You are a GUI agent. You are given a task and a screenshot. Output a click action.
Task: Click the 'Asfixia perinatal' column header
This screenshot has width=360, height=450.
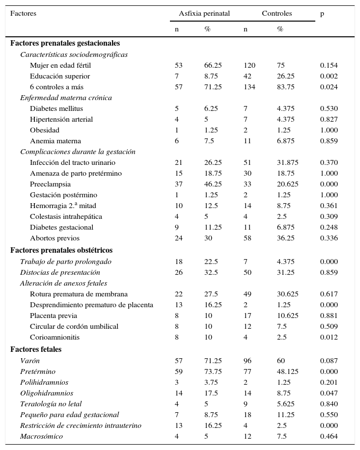204,14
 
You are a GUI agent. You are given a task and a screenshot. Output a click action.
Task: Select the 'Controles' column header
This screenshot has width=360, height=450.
277,14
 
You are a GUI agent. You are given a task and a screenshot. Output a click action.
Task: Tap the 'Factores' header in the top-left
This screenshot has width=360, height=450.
23,14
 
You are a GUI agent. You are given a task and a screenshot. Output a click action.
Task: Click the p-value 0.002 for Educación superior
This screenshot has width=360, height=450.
329,76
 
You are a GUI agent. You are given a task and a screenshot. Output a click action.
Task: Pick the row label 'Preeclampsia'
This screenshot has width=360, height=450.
50,184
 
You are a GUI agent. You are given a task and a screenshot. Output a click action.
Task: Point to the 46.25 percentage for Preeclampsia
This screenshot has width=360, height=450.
213,184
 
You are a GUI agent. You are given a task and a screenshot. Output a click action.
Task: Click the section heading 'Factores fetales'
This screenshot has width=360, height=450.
36,349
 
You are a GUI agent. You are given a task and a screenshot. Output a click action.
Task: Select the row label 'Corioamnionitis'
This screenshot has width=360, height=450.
55,337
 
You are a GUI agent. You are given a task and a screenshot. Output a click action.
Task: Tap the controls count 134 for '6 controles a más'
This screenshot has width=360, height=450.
249,87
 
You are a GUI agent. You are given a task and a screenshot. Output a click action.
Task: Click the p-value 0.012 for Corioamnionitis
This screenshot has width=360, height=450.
329,337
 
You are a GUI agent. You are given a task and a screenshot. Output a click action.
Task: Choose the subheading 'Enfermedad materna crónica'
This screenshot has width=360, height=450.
66,98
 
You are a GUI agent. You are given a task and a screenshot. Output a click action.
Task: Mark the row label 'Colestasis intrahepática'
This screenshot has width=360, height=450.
66,216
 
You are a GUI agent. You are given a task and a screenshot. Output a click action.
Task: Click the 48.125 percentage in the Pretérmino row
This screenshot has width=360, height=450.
287,371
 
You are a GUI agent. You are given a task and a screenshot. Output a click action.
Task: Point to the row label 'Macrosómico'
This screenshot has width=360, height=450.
41,436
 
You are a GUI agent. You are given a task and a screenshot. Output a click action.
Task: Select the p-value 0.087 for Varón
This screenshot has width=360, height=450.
329,361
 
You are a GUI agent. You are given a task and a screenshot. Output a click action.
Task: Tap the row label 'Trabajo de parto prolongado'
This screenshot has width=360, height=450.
66,262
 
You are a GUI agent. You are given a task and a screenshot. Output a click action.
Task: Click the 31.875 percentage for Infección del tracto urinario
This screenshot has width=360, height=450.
287,162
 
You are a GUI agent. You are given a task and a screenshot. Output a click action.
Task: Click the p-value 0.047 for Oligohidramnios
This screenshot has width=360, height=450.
329,393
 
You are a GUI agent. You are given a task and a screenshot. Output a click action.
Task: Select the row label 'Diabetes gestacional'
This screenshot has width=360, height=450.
61,227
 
